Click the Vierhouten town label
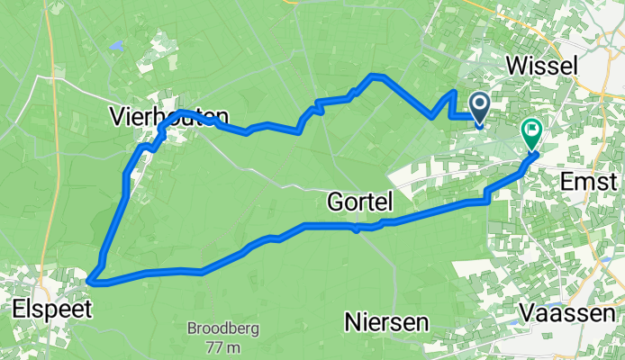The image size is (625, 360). (168, 115)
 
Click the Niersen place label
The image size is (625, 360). (385, 322)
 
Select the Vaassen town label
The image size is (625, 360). (570, 314)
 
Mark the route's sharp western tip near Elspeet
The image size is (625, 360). (90, 281)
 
